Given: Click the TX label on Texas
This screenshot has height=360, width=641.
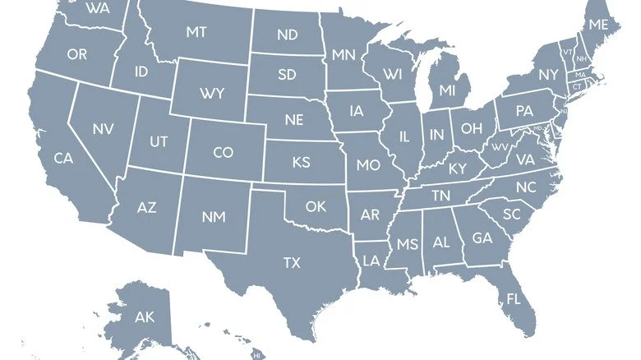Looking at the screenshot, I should pyautogui.click(x=292, y=263).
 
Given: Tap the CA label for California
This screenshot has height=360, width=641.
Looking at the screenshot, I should pyautogui.click(x=64, y=157).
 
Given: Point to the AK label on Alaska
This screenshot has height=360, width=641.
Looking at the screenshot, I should pyautogui.click(x=145, y=316).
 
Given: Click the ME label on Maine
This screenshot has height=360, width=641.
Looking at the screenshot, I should pyautogui.click(x=598, y=25).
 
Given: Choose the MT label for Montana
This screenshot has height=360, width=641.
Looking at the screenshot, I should pyautogui.click(x=196, y=32).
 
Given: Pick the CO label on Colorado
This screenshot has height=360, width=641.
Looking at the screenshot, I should pyautogui.click(x=223, y=152).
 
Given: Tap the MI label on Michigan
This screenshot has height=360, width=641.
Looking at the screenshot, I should pyautogui.click(x=447, y=89).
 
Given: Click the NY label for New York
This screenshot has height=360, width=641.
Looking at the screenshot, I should pyautogui.click(x=548, y=74).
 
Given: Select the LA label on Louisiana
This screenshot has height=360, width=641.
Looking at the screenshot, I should pyautogui.click(x=371, y=261).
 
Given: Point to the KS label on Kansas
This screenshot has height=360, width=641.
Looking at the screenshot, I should pyautogui.click(x=302, y=163).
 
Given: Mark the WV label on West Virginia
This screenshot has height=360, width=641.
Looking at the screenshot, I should pyautogui.click(x=500, y=148).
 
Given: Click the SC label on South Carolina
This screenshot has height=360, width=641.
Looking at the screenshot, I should pyautogui.click(x=512, y=214).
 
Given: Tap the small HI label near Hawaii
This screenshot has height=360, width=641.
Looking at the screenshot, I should pyautogui.click(x=256, y=355).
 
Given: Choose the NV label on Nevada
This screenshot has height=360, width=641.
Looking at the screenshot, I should pyautogui.click(x=103, y=129).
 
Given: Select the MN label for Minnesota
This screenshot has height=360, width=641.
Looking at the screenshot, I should pyautogui.click(x=343, y=55).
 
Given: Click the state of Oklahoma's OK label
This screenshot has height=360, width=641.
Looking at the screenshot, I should pyautogui.click(x=316, y=206).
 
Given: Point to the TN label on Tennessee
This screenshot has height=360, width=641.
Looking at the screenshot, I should pyautogui.click(x=441, y=195).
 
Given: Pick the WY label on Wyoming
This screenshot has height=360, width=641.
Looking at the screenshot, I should pyautogui.click(x=211, y=93).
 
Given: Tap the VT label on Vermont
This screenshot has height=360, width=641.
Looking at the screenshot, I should pyautogui.click(x=567, y=52).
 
